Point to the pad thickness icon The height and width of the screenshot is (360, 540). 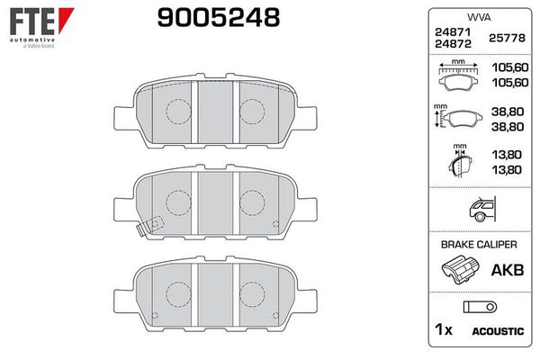[x=460, y=165]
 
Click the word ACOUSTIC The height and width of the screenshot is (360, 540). [x=498, y=331]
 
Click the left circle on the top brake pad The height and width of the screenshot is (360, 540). [x=176, y=110]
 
